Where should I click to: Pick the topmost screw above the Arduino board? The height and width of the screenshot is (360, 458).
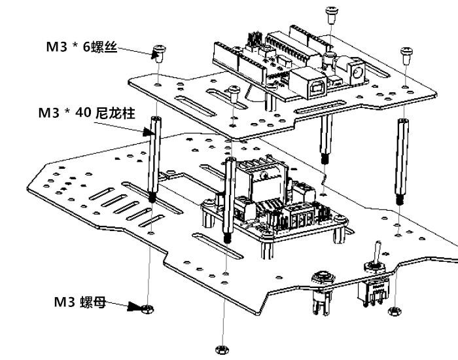point(331,14)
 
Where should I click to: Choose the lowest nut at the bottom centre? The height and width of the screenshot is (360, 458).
point(220,349)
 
